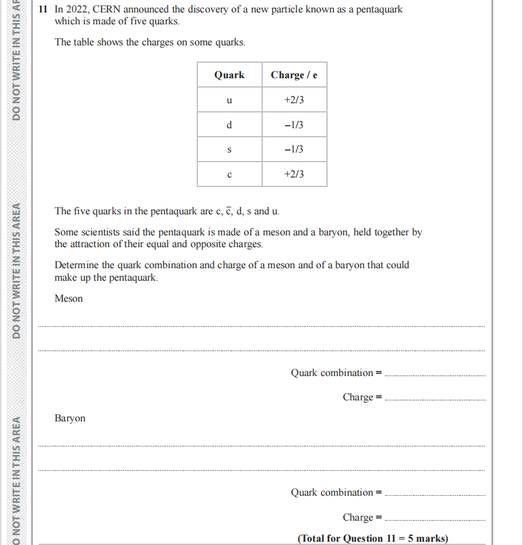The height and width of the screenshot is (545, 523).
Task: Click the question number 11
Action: click(43, 10)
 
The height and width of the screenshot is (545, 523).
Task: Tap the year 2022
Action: click(78, 10)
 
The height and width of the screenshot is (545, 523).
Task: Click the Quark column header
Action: click(229, 75)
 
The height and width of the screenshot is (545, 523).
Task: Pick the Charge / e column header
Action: click(294, 75)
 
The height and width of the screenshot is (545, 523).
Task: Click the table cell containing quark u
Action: click(229, 100)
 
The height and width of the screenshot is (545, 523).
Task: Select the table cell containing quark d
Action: click(229, 125)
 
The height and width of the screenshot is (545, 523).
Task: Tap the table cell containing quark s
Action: click(229, 150)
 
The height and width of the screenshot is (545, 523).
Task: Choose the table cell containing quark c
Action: click(229, 174)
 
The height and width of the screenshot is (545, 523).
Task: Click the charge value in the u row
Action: click(294, 100)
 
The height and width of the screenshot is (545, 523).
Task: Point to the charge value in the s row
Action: click(294, 150)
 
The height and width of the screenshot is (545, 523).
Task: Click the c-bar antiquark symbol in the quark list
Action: click(229, 211)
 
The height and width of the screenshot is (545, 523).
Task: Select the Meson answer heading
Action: click(69, 298)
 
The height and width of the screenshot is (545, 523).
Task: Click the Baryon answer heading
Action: click(70, 418)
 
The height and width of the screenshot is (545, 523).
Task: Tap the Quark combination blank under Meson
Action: click(434, 373)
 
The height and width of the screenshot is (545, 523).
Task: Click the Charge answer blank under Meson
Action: click(434, 398)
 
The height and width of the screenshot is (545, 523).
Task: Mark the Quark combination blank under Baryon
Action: click(434, 493)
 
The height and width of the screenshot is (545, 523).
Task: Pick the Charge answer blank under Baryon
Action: click(434, 518)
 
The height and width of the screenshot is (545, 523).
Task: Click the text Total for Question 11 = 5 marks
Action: click(373, 538)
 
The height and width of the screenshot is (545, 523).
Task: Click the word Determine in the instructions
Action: click(76, 265)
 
